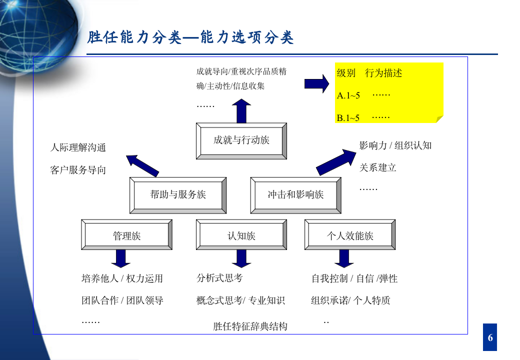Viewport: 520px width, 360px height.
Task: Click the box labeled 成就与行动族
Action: [241, 140]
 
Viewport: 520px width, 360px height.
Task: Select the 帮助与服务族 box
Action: [178, 195]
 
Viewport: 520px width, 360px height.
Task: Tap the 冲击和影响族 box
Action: [295, 195]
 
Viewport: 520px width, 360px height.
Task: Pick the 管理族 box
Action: [126, 235]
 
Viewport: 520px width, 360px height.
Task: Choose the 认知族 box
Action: [241, 235]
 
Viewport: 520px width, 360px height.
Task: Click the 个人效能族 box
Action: [350, 235]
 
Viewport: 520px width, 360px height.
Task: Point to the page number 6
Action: [490, 337]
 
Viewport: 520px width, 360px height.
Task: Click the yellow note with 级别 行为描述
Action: [389, 93]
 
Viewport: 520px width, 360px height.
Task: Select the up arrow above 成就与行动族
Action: [241, 111]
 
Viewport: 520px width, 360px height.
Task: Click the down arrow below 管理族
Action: [120, 258]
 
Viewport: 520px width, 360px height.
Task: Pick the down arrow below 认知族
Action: [241, 258]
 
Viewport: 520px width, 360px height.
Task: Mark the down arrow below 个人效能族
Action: [344, 258]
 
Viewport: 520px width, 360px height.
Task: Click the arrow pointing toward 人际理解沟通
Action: [142, 165]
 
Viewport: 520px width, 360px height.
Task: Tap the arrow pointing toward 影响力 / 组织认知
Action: [334, 161]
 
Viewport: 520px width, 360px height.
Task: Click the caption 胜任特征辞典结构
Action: [250, 326]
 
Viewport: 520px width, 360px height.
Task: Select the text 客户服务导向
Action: [78, 170]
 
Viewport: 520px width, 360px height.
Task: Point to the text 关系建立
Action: [377, 167]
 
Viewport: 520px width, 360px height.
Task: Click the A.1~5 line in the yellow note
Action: [348, 95]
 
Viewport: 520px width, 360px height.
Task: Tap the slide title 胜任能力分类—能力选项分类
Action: [190, 38]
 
